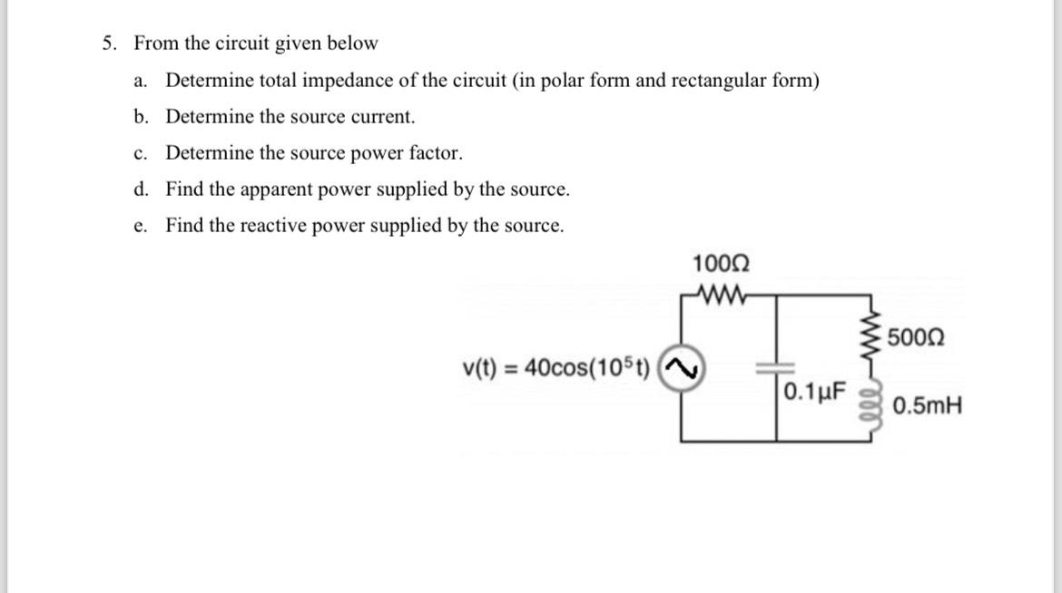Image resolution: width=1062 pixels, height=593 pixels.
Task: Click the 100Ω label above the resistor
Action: tap(721, 264)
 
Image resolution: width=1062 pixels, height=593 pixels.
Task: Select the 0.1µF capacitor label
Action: tap(814, 394)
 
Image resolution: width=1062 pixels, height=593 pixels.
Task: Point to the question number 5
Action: tap(109, 44)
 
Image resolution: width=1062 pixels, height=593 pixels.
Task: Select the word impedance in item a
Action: tap(348, 81)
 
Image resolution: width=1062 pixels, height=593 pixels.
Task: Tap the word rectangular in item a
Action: tap(703, 81)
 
